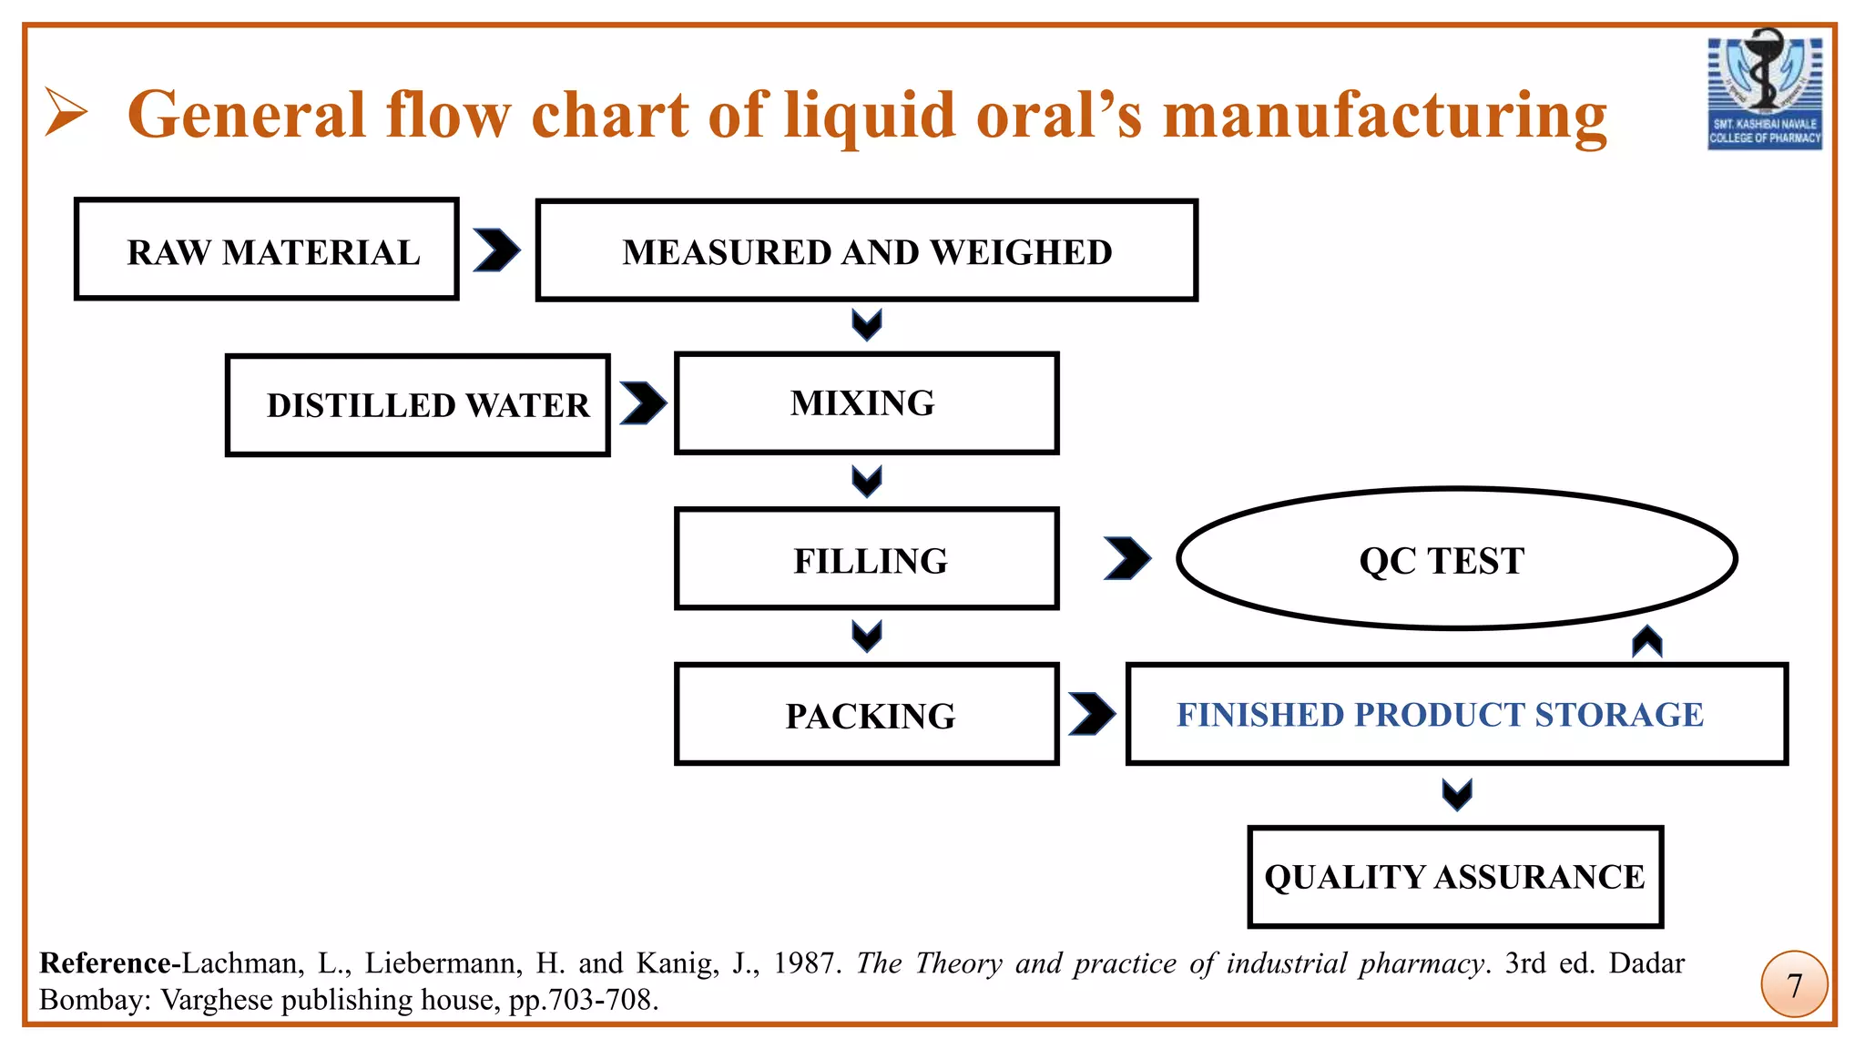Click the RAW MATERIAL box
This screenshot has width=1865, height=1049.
tap(266, 249)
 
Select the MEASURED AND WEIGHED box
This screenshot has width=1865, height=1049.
tap(866, 250)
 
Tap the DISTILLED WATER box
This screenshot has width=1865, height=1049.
tap(417, 405)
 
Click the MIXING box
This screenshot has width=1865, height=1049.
tap(866, 403)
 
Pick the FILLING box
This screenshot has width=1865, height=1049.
tap(866, 559)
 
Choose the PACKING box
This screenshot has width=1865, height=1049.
tap(866, 715)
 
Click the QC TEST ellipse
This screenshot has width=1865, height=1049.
tap(1456, 559)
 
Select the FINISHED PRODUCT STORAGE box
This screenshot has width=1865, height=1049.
tap(1456, 715)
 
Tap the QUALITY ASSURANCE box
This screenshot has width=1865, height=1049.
tap(1454, 877)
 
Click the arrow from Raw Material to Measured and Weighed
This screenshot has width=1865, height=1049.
tap(496, 250)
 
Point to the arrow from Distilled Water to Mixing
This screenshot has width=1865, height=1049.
tap(643, 403)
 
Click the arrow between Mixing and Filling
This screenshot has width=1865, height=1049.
tap(867, 481)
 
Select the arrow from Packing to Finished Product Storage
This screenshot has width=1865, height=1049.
tap(1092, 714)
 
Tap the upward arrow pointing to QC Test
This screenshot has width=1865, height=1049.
tap(1647, 642)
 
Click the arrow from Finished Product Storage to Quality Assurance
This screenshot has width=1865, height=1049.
tap(1457, 794)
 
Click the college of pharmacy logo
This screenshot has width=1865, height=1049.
tap(1764, 89)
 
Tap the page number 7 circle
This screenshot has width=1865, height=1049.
tap(1794, 984)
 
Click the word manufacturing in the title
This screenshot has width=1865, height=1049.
tap(1384, 117)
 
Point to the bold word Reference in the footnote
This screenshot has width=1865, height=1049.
tap(105, 963)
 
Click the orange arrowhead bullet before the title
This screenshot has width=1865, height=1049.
tap(66, 113)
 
